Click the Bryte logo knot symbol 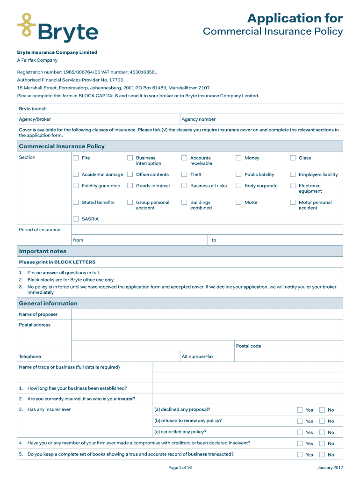[x=27, y=25]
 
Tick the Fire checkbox [x=76, y=158]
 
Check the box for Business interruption [x=130, y=158]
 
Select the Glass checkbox [x=293, y=158]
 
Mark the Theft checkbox [x=184, y=174]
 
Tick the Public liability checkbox [x=238, y=174]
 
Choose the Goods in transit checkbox [x=130, y=186]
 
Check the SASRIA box [x=76, y=219]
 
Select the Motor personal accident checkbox [x=293, y=203]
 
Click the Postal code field [x=302, y=346]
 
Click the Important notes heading [x=43, y=251]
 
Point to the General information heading [x=48, y=303]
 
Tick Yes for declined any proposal [x=300, y=410]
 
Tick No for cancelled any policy [x=322, y=432]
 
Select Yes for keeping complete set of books [x=300, y=455]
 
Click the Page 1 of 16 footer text [x=180, y=467]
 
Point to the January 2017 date [x=330, y=467]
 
